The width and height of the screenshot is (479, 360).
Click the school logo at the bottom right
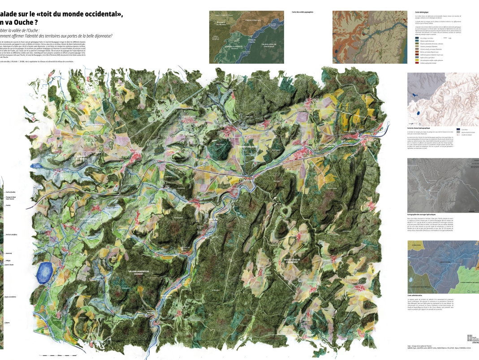pyautogui.click(x=472, y=337)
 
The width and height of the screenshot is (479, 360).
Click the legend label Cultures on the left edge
pyautogui.click(x=8, y=322)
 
